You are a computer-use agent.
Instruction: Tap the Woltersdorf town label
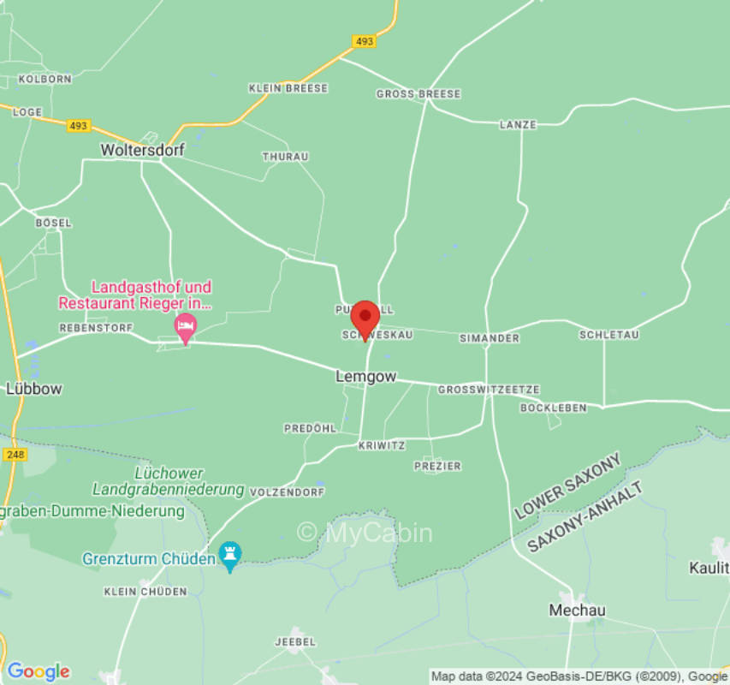point(138,150)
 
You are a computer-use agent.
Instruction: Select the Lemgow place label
point(365,376)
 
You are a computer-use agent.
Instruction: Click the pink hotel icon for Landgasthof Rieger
point(185,325)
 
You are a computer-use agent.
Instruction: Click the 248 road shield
point(15,455)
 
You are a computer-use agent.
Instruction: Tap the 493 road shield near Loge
point(79,126)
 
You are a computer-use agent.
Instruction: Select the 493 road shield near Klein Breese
point(364,41)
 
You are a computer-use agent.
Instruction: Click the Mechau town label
point(577,611)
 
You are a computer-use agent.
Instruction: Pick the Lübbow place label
point(34,389)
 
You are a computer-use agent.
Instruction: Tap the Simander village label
point(489,338)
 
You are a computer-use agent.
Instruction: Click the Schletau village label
point(608,335)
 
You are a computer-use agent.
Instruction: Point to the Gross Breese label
point(418,94)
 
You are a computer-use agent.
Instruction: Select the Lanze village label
point(518,125)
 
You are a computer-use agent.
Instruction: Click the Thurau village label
point(285,157)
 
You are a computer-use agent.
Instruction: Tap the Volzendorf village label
point(287,492)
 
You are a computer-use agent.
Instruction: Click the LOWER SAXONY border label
point(567,487)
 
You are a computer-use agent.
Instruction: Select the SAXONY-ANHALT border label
point(585,516)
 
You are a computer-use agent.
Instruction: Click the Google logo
point(37,671)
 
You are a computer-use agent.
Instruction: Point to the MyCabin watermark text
point(365,533)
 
